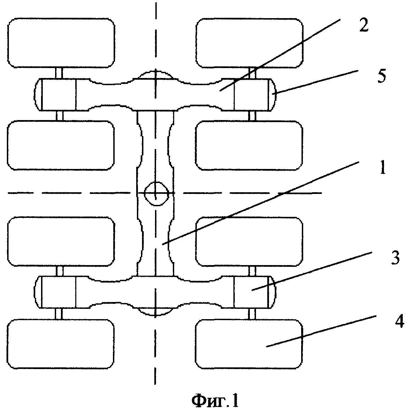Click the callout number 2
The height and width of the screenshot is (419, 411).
click(x=363, y=25)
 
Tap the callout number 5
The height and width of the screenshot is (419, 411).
click(x=382, y=76)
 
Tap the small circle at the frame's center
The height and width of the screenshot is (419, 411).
click(x=156, y=194)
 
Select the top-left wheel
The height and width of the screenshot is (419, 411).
click(x=61, y=43)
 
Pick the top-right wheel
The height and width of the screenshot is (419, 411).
click(x=249, y=43)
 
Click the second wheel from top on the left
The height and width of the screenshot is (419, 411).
click(x=61, y=145)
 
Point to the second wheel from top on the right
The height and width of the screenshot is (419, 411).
click(x=249, y=145)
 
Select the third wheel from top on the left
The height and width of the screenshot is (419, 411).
click(x=61, y=241)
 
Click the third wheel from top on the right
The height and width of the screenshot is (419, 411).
click(x=249, y=241)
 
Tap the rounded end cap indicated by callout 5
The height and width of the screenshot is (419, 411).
click(x=272, y=95)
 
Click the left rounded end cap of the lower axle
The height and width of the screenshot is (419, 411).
click(x=38, y=292)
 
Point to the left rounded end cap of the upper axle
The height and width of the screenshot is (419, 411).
click(x=38, y=95)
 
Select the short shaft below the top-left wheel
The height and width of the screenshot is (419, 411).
click(x=59, y=73)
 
